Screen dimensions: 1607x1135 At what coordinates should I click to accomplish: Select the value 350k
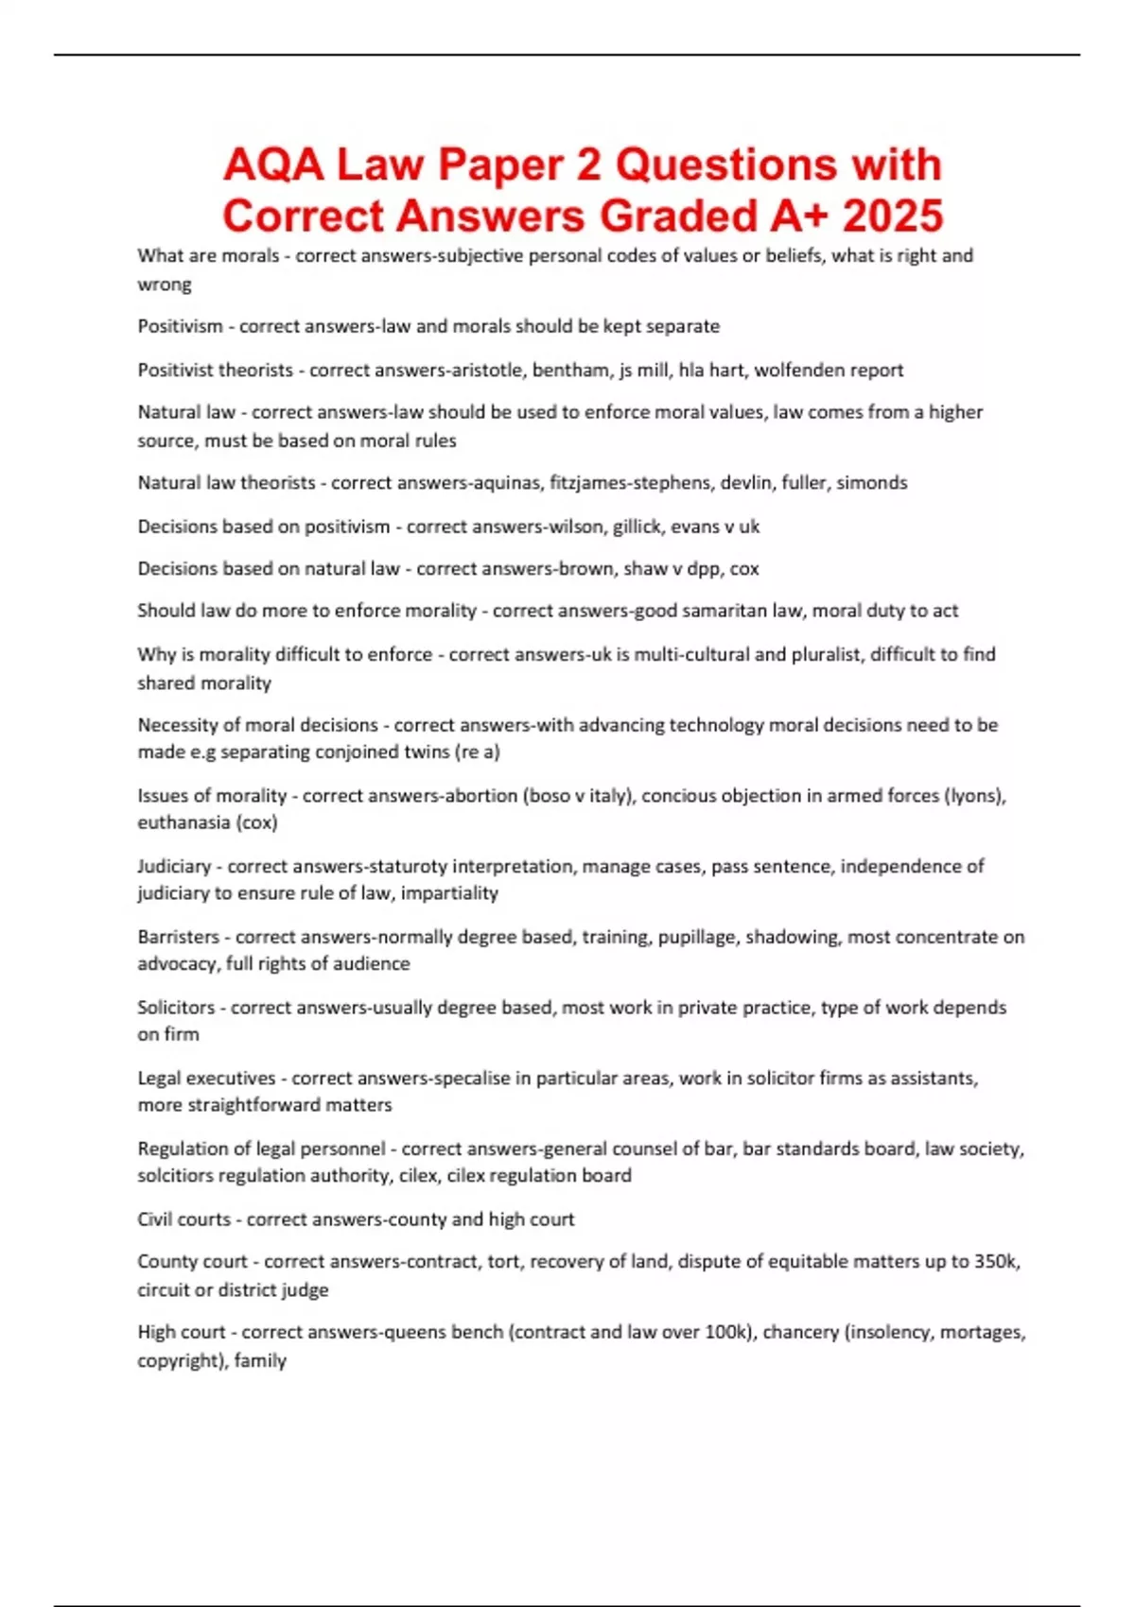point(995,1262)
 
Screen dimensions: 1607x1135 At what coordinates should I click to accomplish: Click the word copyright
point(176,1361)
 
